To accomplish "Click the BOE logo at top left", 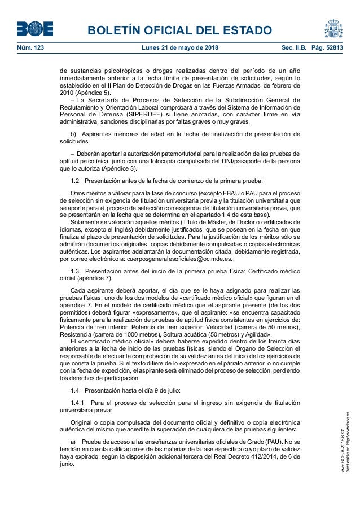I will tap(34, 29).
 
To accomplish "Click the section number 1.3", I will tap(75, 271).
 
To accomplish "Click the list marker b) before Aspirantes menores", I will tap(73, 134).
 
